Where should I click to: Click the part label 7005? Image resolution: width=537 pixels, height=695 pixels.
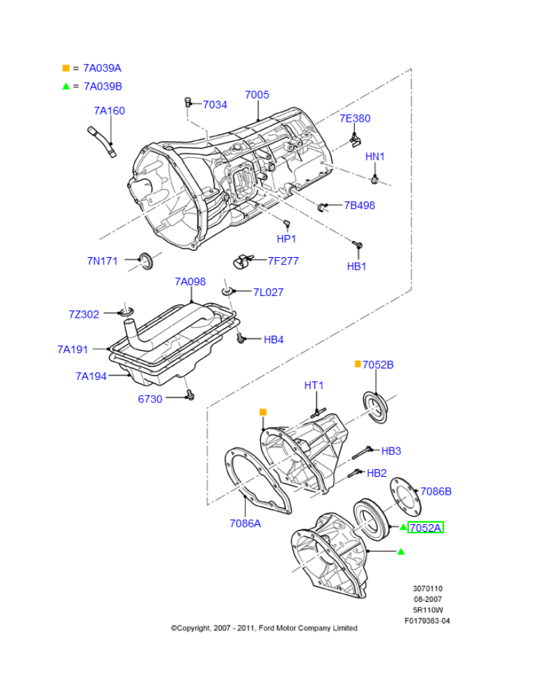click(257, 95)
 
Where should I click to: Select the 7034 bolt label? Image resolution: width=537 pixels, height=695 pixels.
click(215, 104)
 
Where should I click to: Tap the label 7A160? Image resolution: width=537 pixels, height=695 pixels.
click(109, 111)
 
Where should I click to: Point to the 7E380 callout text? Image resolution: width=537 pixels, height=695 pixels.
click(355, 118)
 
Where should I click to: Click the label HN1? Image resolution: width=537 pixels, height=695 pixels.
click(375, 157)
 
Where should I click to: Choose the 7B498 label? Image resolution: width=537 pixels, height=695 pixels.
click(360, 205)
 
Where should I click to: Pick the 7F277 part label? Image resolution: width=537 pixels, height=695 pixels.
click(283, 261)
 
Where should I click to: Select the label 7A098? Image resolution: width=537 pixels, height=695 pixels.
click(190, 281)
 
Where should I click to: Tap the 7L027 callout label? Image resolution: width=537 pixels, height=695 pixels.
click(268, 293)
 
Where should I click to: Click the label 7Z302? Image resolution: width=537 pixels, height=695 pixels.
click(84, 314)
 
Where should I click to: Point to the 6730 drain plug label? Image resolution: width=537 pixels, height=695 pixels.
click(150, 399)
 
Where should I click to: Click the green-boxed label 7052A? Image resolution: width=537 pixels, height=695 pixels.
click(425, 528)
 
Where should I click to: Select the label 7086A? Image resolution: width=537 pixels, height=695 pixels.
click(245, 523)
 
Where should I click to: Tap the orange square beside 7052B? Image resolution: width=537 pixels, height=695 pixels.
click(358, 364)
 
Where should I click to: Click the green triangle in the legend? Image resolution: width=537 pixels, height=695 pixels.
click(66, 86)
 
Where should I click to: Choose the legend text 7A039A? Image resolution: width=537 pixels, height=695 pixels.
click(102, 68)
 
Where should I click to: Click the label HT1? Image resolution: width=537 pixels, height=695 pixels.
click(314, 385)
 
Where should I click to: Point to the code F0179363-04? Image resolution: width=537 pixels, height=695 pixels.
click(427, 621)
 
